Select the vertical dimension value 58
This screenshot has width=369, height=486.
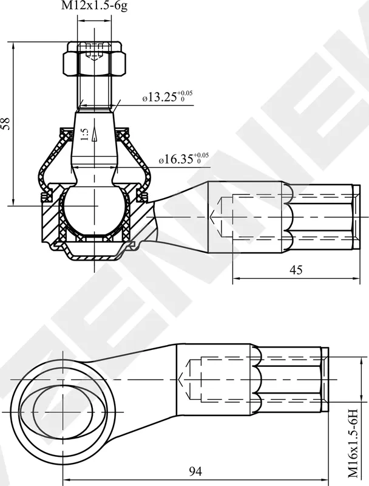tap(5, 124)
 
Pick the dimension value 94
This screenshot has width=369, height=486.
tap(195, 471)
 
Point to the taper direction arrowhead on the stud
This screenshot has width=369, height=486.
tap(94, 139)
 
